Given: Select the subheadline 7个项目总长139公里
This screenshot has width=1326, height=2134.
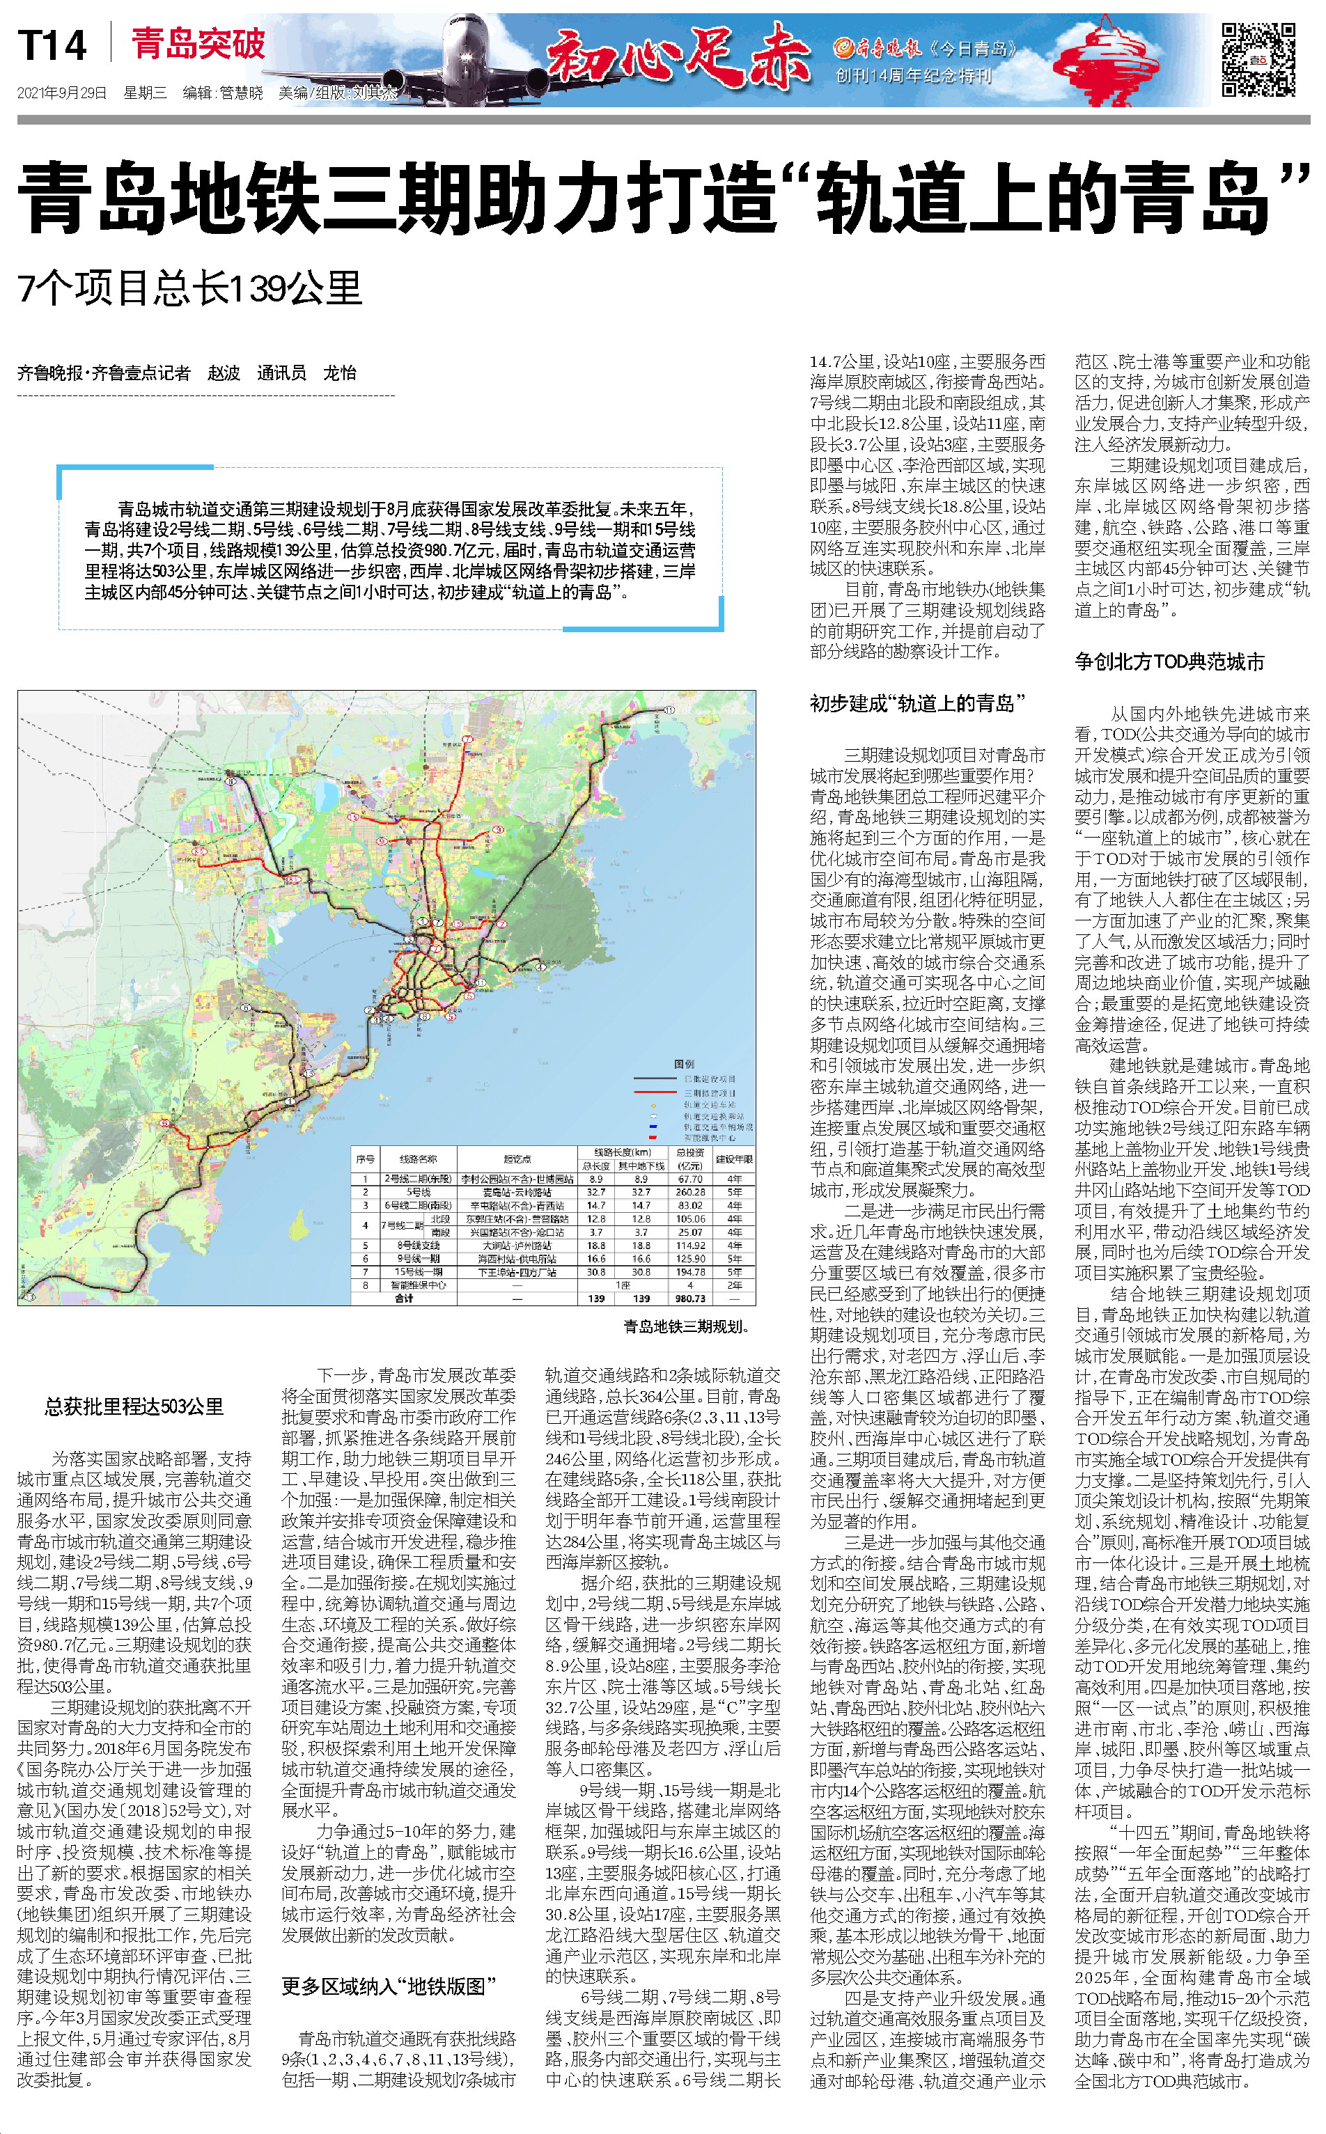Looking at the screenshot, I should coord(189,288).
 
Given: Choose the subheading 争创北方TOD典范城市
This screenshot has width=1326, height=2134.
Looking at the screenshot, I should coord(1170,662).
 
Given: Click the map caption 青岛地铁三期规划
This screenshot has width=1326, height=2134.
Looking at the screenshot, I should coord(686,1326).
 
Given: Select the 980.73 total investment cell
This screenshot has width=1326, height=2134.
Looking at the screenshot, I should coord(690,1299).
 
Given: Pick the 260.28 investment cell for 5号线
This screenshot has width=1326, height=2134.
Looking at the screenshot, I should coord(690,1193).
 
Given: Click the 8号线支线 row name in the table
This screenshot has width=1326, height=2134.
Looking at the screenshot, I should coord(419,1245).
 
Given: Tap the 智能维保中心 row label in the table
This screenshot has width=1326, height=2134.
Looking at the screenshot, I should coord(419,1285).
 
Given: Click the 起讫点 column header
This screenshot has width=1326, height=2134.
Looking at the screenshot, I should coord(517,1159).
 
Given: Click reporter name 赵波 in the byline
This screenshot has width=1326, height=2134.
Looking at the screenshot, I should coord(224,372).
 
